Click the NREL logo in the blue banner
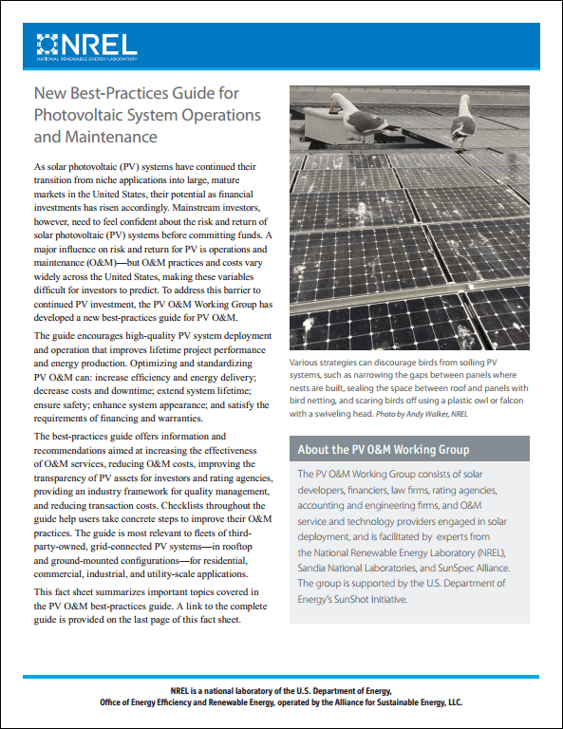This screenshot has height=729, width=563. (85, 45)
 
